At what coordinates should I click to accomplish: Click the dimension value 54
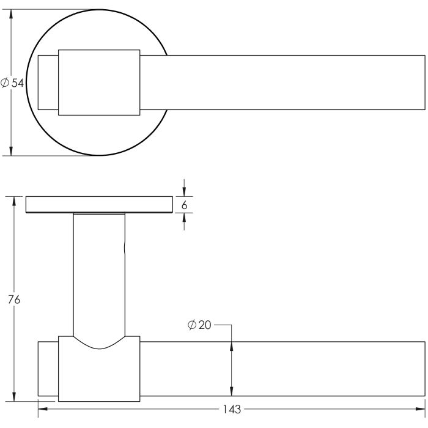pos(17,83)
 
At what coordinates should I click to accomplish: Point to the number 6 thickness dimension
pos(185,205)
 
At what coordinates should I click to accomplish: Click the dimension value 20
pos(204,325)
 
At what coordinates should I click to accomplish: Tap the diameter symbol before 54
pos(6,83)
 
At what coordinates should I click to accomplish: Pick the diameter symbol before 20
pos(192,325)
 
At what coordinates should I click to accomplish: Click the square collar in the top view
pos(100,81)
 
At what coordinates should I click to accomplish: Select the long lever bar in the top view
pos(281,83)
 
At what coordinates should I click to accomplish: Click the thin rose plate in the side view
pos(99,205)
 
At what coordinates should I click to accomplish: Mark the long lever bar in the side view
pos(281,369)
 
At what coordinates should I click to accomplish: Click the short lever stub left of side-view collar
pos(48,369)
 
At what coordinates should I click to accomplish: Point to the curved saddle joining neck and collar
pos(99,344)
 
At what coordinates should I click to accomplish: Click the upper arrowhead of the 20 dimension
pos(231,345)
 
